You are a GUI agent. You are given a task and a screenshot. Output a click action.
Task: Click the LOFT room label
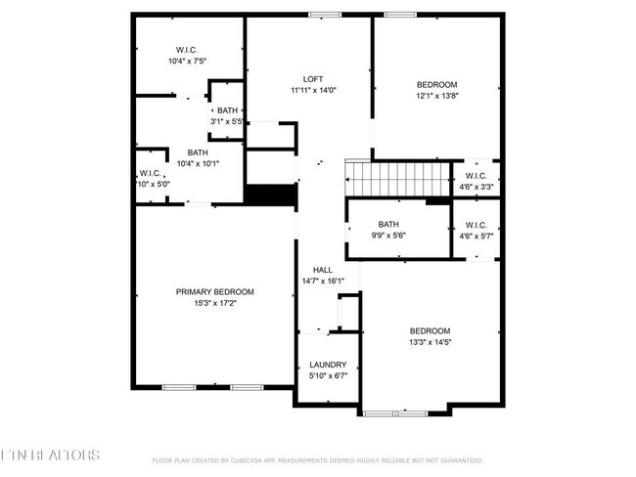point(313,79)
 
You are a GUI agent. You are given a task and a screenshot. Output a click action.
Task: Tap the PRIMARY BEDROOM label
point(214,291)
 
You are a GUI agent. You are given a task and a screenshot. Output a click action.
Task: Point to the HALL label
point(322,270)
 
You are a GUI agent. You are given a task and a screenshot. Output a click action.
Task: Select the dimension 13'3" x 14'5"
point(430,342)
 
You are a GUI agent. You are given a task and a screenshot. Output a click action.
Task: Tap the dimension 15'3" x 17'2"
point(214,303)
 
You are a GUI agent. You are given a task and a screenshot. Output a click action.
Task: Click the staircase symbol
point(396,179)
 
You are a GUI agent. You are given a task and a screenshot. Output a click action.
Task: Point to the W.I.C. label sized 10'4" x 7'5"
point(187,49)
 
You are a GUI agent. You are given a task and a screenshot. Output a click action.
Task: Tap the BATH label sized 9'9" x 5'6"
point(388,224)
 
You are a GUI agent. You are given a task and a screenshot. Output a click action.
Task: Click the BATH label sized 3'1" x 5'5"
point(227,110)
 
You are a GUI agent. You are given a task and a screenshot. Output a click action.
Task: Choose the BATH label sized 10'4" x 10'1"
point(198,152)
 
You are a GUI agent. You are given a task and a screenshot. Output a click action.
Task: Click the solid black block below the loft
point(270,195)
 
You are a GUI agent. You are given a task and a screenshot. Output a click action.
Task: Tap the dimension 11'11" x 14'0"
point(313,91)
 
